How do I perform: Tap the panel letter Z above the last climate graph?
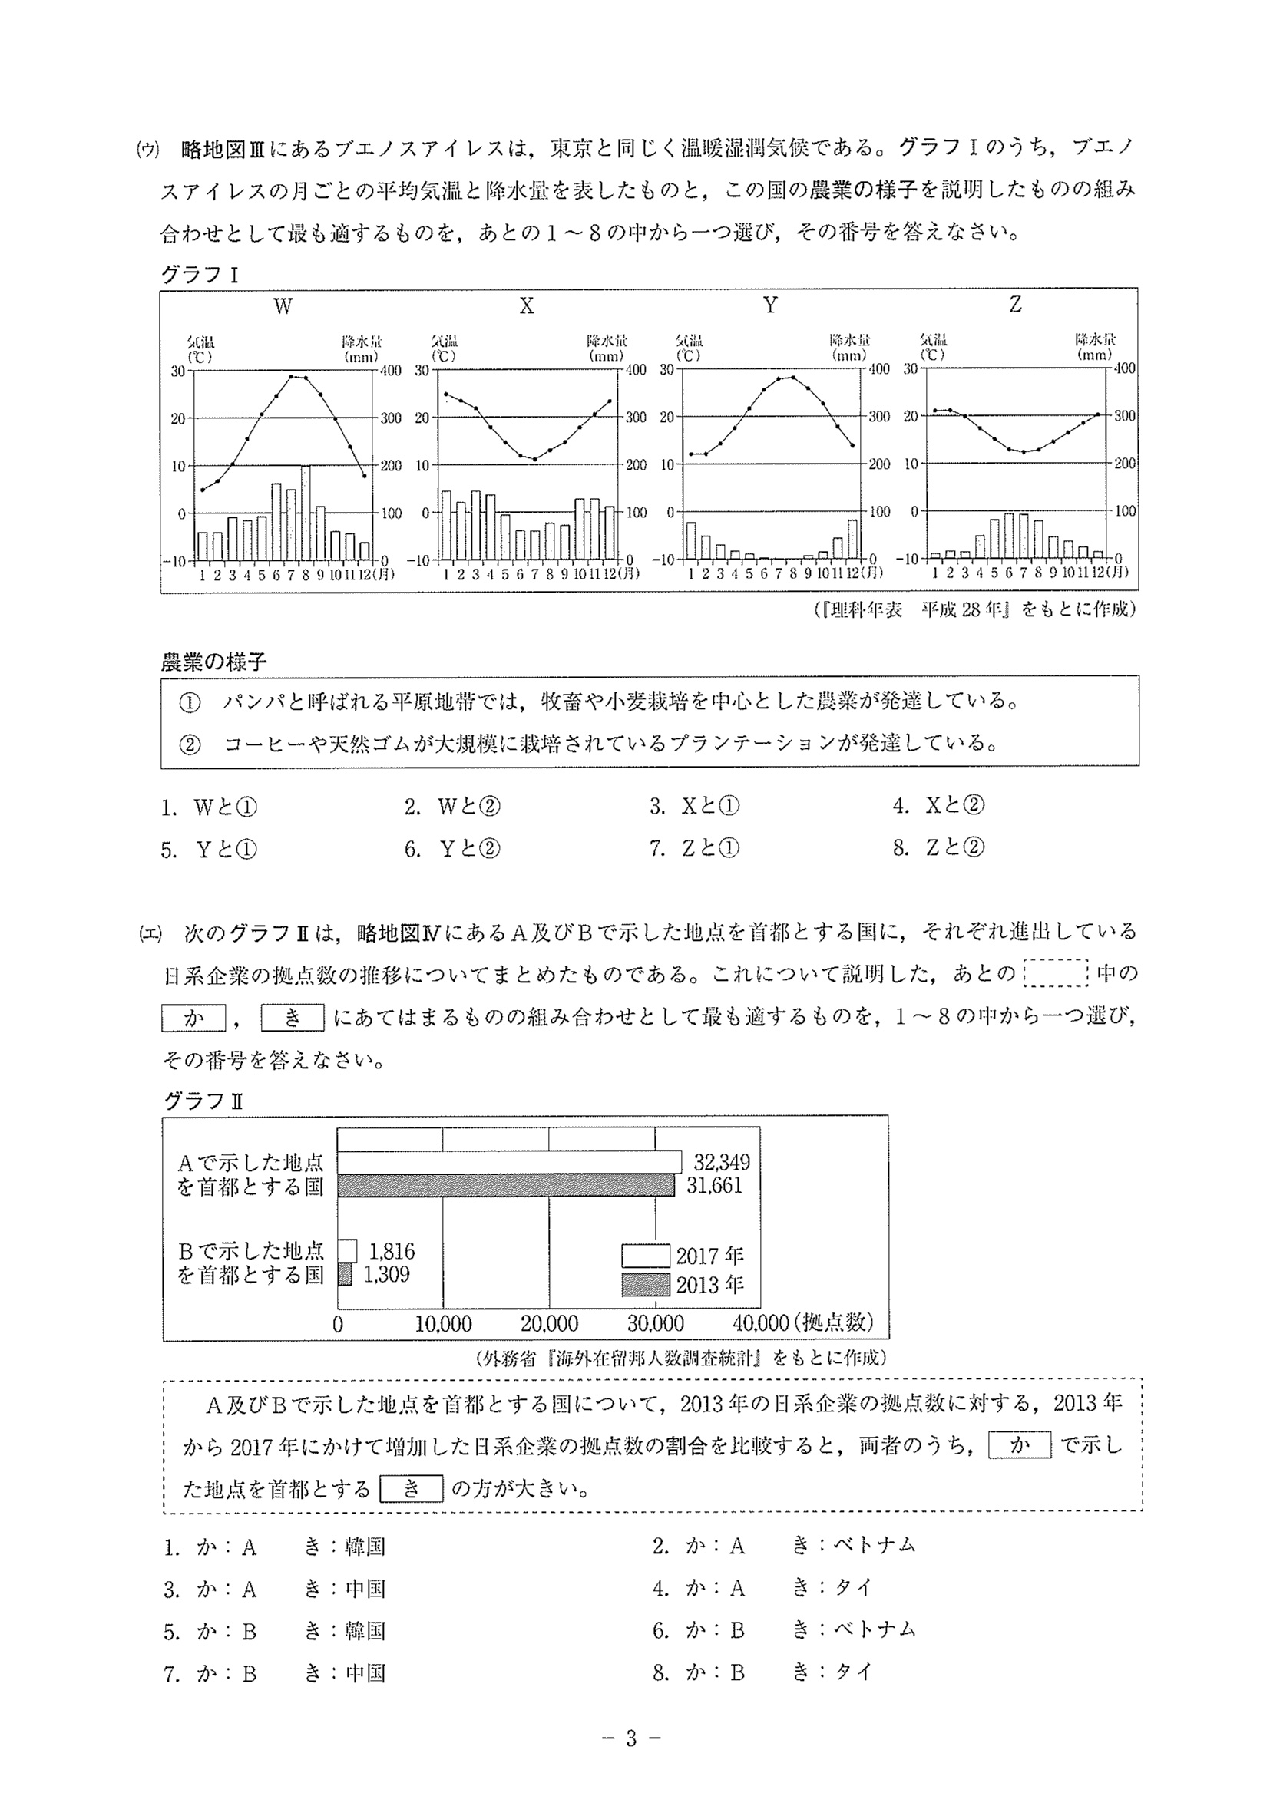[x=1015, y=305]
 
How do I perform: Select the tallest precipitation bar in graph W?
[x=305, y=513]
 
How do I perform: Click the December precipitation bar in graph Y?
[x=852, y=540]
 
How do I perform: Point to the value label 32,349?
[x=722, y=1162]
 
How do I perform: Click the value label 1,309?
[x=386, y=1274]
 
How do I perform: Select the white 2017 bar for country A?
[x=509, y=1162]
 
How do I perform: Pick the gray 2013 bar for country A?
[x=505, y=1185]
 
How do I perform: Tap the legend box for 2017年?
[x=646, y=1256]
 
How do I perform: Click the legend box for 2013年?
[x=646, y=1284]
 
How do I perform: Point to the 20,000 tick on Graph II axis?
[x=548, y=1323]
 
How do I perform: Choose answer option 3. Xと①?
[x=694, y=807]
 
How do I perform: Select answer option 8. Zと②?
[x=939, y=848]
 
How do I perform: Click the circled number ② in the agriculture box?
[x=190, y=744]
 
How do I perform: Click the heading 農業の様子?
[x=213, y=662]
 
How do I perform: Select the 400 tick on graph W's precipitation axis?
[x=391, y=371]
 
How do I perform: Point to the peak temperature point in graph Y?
[x=792, y=377]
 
